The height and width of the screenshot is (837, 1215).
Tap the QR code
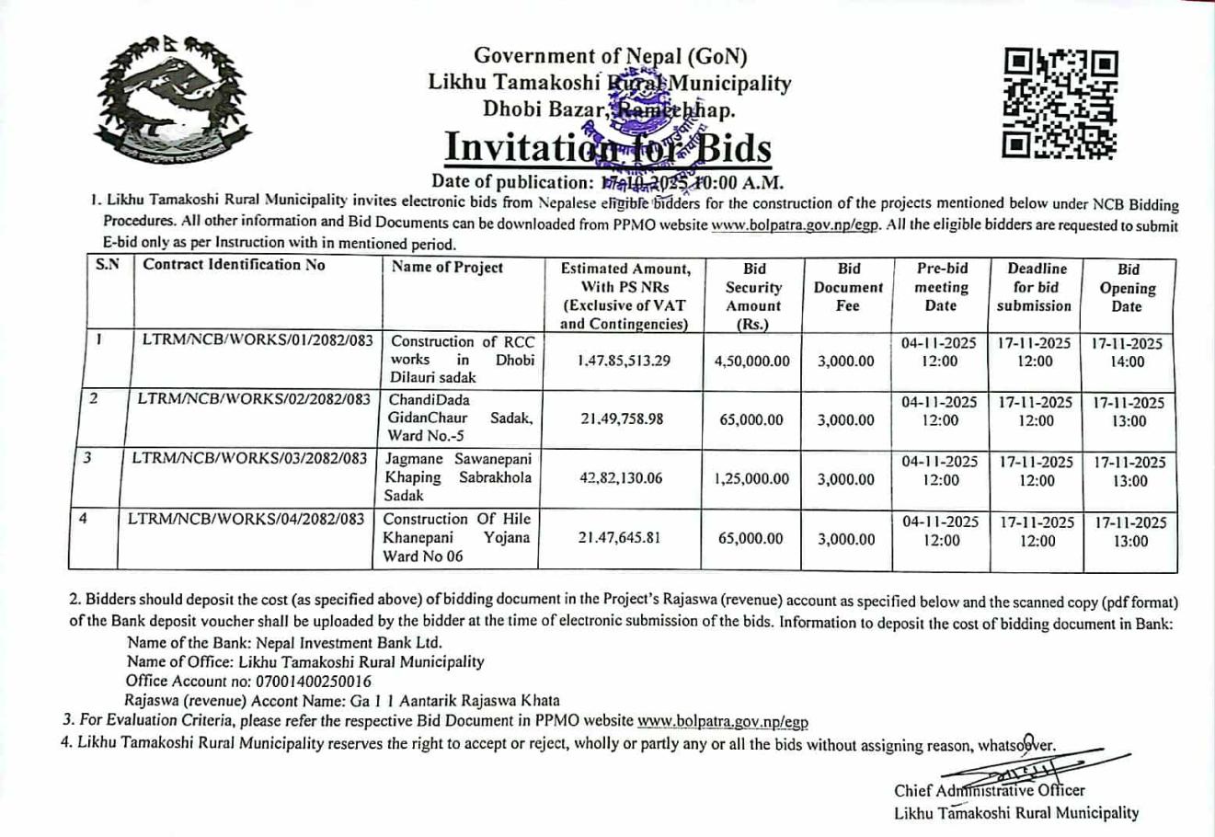pyautogui.click(x=1060, y=102)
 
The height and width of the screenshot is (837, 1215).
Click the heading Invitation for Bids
pyautogui.click(x=607, y=148)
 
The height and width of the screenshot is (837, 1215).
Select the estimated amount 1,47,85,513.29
pyautogui.click(x=624, y=361)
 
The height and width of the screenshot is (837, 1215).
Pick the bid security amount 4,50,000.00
pyautogui.click(x=751, y=361)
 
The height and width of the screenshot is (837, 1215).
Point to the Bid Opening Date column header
pyautogui.click(x=1128, y=288)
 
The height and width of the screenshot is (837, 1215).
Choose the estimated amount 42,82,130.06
pyautogui.click(x=621, y=479)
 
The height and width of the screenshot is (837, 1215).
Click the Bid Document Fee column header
pyautogui.click(x=848, y=287)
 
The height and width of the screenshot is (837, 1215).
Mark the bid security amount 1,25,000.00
pyautogui.click(x=751, y=479)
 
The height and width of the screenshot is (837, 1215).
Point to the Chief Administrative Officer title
pyautogui.click(x=989, y=790)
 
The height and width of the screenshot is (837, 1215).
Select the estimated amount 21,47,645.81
pyautogui.click(x=620, y=538)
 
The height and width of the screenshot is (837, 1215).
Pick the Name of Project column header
pyautogui.click(x=447, y=268)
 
